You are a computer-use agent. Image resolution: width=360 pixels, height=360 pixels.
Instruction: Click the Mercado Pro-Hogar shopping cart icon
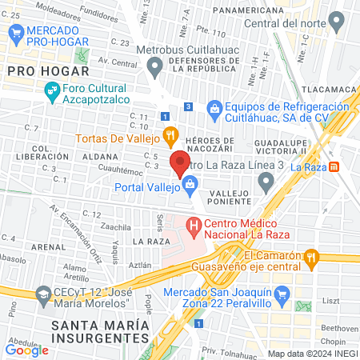14,33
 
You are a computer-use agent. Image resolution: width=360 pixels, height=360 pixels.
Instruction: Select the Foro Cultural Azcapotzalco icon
52,93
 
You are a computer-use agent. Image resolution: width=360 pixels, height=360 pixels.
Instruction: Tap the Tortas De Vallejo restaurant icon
169,134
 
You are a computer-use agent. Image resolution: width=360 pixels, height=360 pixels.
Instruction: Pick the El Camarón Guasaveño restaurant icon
312,257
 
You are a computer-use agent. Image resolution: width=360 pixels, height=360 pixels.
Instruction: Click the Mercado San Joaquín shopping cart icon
281,298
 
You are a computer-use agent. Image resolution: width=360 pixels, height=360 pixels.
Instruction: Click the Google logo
26,350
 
